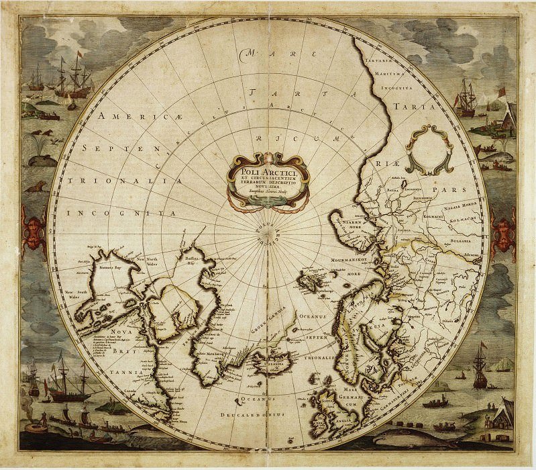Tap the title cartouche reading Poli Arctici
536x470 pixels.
tap(267, 176)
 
